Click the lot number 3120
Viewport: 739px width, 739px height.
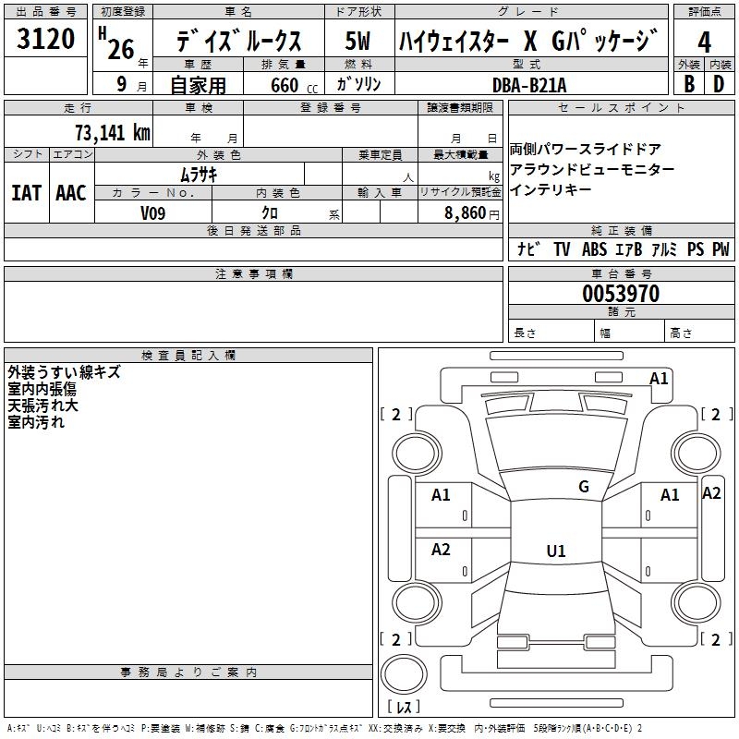(x=46, y=40)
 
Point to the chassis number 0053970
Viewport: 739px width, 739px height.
(x=621, y=295)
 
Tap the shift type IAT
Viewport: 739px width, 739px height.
(x=26, y=193)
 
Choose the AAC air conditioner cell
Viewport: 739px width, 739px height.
(x=71, y=193)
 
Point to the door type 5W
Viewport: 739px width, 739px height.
(x=357, y=42)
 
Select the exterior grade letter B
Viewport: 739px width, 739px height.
(x=688, y=84)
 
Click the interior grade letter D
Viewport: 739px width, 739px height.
(x=719, y=84)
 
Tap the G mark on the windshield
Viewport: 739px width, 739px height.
(x=584, y=487)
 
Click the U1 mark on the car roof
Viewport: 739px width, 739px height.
(x=556, y=551)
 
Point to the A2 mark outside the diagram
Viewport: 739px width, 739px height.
(x=711, y=493)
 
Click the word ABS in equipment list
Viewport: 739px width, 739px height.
(x=594, y=249)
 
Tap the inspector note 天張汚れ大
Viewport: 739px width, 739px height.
(x=42, y=406)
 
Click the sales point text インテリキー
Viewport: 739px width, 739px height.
(x=551, y=190)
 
